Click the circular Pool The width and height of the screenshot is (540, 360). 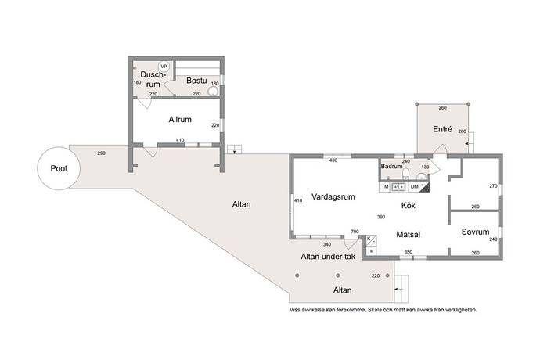point(59,168)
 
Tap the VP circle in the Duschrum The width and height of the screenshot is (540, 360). point(164,67)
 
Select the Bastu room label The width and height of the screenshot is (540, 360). point(196,81)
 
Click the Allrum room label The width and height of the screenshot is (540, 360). point(180,120)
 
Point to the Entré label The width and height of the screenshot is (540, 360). point(442,129)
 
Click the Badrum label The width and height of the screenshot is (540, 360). point(391,166)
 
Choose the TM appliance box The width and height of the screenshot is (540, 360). point(385,187)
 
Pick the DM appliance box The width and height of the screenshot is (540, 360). point(415,187)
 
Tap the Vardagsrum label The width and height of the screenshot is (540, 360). point(333,196)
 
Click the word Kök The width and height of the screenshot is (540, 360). point(408,206)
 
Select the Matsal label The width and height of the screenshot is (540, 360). point(408,235)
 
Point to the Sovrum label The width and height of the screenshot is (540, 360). point(475,232)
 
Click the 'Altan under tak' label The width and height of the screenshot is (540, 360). point(328,257)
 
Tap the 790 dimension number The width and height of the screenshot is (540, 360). point(355,232)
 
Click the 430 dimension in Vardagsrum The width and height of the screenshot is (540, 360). point(333,160)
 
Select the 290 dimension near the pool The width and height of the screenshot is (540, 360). point(101,153)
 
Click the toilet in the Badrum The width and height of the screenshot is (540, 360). point(405,174)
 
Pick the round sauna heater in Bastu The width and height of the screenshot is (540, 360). point(214,91)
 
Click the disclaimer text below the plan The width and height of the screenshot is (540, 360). point(383,310)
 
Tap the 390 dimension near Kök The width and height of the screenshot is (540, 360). point(381,217)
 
